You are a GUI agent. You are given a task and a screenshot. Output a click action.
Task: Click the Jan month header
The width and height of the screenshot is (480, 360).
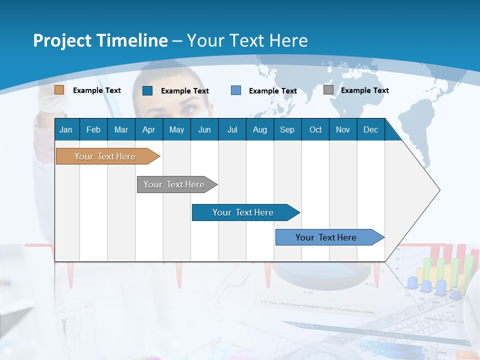pyautogui.click(x=66, y=129)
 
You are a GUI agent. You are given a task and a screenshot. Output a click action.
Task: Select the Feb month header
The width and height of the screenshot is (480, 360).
pyautogui.click(x=93, y=129)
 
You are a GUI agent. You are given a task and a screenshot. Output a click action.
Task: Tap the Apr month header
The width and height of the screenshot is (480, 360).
pyautogui.click(x=148, y=129)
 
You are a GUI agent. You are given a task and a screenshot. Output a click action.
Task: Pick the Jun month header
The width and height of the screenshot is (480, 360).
pyautogui.click(x=204, y=129)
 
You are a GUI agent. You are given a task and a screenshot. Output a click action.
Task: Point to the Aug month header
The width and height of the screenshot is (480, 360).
pyautogui.click(x=259, y=129)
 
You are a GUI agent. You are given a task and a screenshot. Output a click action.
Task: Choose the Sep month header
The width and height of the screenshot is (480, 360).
pyautogui.click(x=287, y=129)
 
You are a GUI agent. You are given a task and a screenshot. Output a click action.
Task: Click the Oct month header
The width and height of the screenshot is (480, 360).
pyautogui.click(x=315, y=129)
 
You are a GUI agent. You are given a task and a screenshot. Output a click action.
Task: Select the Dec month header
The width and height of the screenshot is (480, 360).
pyautogui.click(x=370, y=129)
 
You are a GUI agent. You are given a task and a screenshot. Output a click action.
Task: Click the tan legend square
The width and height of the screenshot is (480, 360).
pyautogui.click(x=59, y=90)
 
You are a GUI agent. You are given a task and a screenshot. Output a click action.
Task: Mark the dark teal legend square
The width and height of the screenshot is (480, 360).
pyautogui.click(x=147, y=90)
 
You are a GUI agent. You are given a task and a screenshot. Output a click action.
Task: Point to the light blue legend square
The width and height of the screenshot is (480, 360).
pyautogui.click(x=236, y=90)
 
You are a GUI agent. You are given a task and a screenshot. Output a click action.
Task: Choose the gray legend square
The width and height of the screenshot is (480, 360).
pyautogui.click(x=328, y=90)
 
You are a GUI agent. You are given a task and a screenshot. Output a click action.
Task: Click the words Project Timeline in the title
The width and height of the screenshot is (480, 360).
pyautogui.click(x=100, y=40)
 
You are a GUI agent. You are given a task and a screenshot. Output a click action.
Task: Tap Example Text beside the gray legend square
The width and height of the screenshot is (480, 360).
pyautogui.click(x=364, y=90)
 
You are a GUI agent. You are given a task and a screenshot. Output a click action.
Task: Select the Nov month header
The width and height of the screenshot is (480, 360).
pyautogui.click(x=342, y=129)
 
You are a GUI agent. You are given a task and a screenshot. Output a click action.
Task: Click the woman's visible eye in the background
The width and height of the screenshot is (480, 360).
pyautogui.click(x=188, y=109)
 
